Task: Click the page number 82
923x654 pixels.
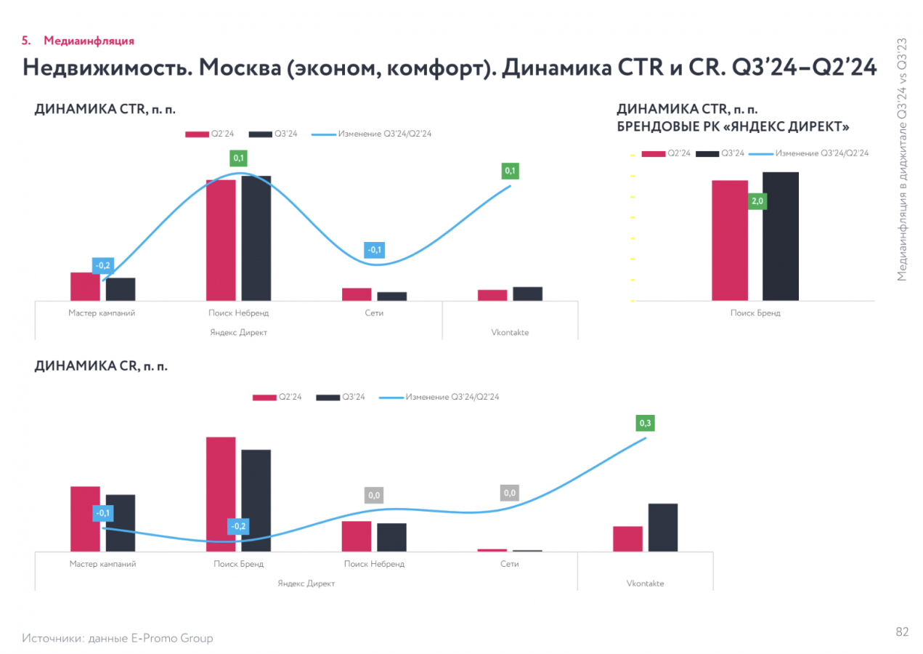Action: pos(902,632)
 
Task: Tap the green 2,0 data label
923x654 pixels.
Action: pos(757,201)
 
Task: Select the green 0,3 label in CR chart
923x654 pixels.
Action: pos(644,422)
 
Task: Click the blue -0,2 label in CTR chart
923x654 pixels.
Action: pos(103,266)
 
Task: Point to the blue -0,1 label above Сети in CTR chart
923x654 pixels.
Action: pos(375,250)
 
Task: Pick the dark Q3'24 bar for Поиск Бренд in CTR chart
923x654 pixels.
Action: pos(780,236)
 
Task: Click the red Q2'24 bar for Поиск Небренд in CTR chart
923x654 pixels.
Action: pos(221,240)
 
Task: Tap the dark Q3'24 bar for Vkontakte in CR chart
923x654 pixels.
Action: pos(662,528)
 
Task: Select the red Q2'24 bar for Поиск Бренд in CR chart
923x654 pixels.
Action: pos(221,494)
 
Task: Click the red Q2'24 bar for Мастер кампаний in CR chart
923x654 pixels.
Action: pos(85,519)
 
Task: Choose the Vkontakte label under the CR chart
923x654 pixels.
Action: pos(645,584)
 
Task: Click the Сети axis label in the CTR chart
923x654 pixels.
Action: pos(374,313)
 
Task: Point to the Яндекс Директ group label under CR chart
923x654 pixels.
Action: pos(306,584)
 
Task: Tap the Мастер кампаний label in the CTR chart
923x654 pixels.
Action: pos(102,313)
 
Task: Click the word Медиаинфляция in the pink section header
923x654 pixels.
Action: pos(89,41)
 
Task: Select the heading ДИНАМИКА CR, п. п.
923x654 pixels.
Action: pos(101,366)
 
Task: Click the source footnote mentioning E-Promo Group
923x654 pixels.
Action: pos(118,638)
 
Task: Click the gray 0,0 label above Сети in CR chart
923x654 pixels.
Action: pos(510,493)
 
